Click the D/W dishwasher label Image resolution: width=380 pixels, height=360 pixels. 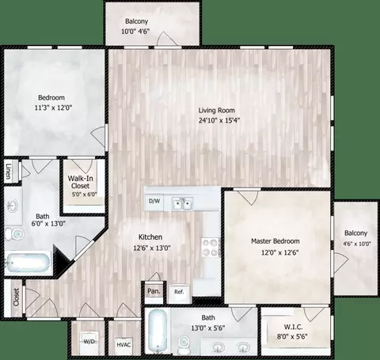[154, 201]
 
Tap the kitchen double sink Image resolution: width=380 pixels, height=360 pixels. [183, 203]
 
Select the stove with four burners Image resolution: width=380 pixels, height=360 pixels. [211, 248]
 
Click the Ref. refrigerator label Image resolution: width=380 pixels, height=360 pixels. [179, 292]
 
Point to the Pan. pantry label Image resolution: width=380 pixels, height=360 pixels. [154, 291]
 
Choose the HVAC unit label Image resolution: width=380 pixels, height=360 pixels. [123, 345]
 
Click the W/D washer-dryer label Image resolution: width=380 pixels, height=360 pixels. [89, 342]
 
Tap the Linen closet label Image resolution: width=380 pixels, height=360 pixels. [9, 172]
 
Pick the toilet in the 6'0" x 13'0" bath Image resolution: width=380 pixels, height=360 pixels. [14, 233]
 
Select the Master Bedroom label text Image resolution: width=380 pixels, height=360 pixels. [275, 241]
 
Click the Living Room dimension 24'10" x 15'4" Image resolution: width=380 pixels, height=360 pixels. [219, 120]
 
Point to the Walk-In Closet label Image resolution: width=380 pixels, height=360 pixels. [80, 182]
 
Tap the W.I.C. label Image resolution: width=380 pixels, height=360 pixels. [293, 327]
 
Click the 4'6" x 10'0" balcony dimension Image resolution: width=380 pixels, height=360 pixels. [357, 244]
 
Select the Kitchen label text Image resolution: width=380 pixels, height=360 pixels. [150, 237]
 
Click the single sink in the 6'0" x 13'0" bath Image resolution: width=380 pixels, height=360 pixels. [12, 205]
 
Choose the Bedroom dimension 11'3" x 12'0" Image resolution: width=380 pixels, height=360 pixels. [54, 108]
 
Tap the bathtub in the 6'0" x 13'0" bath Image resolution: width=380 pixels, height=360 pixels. [28, 263]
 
